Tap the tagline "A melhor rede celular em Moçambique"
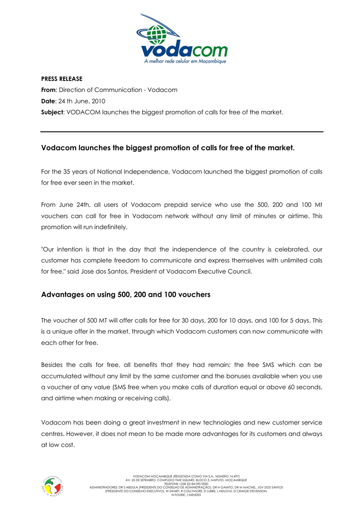coord(185,62)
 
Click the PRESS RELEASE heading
coord(62,79)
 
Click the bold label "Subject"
coord(52,112)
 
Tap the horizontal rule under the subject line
coord(182,132)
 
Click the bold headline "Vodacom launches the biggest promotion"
coord(168,148)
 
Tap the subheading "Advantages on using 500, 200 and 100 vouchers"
coord(125,295)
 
